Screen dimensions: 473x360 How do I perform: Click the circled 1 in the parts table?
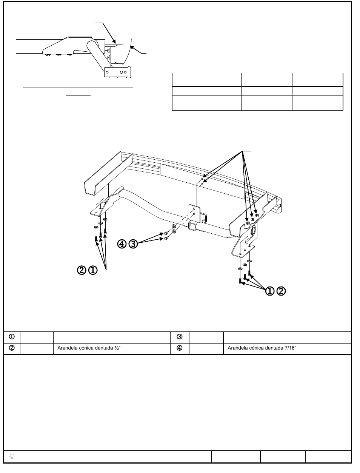click(x=12, y=337)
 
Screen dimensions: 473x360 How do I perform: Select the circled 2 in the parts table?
click(x=12, y=348)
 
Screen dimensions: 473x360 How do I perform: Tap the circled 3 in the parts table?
click(x=180, y=337)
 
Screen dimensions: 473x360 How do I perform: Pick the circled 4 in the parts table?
click(x=180, y=348)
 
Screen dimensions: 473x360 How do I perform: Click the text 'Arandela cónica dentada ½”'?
click(x=89, y=348)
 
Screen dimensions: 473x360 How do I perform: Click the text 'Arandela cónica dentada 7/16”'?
click(x=262, y=348)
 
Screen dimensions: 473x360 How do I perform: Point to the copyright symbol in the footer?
click(x=12, y=456)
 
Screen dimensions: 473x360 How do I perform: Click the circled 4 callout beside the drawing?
click(x=122, y=244)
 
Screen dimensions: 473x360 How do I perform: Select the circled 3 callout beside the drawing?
click(x=133, y=244)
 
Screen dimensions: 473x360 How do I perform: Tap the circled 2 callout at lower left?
click(x=82, y=270)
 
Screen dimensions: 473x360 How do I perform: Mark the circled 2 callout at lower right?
click(x=281, y=291)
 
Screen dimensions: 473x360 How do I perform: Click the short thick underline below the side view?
click(x=78, y=96)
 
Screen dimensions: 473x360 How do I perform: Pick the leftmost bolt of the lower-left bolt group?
click(x=96, y=239)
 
